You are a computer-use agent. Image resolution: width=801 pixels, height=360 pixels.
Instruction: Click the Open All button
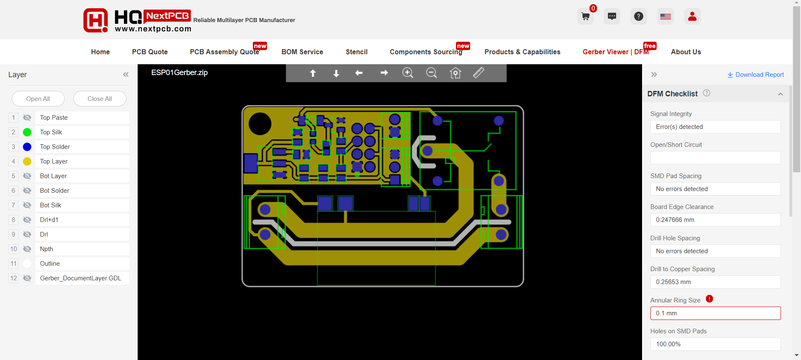(38, 99)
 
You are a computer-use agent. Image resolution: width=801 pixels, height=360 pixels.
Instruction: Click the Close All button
(100, 99)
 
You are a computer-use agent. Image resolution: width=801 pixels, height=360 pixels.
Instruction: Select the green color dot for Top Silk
(27, 132)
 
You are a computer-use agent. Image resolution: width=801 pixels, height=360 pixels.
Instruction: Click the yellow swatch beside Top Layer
(27, 161)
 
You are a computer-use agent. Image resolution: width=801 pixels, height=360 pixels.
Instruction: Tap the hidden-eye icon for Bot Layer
(27, 176)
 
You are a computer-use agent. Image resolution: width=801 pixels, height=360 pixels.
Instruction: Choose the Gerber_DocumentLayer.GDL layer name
(81, 278)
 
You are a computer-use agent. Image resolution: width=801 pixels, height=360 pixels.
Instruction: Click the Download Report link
(756, 75)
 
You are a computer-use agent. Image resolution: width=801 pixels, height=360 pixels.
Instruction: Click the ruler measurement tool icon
(479, 73)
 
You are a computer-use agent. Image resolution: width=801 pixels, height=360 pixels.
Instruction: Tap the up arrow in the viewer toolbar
(313, 73)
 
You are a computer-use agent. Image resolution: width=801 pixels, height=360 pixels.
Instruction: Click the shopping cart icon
(585, 17)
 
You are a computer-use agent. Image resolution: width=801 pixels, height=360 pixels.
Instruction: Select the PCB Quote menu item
(150, 52)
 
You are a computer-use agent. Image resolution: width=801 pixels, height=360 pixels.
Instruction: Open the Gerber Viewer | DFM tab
(616, 52)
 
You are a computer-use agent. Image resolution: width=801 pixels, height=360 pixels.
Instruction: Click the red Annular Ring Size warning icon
(709, 299)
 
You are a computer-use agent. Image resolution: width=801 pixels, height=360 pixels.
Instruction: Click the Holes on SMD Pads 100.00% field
(715, 344)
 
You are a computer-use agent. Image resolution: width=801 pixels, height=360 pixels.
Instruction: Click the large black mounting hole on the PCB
(260, 124)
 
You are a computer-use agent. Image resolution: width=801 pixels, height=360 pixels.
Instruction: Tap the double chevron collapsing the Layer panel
(126, 75)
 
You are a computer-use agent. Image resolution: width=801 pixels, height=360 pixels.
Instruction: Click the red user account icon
(692, 17)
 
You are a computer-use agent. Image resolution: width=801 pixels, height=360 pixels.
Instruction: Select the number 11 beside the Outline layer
(14, 264)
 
